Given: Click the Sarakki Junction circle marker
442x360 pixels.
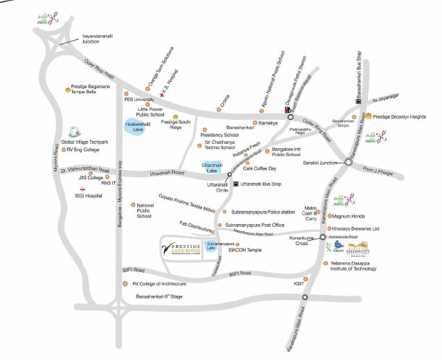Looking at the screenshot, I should (347, 163).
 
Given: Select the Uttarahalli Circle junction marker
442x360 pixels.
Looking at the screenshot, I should (230, 175).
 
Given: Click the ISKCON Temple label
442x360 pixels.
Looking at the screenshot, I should (245, 252).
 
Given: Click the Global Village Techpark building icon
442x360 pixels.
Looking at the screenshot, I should (72, 132).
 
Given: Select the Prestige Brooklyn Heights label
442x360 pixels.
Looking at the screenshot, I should (402, 116).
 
